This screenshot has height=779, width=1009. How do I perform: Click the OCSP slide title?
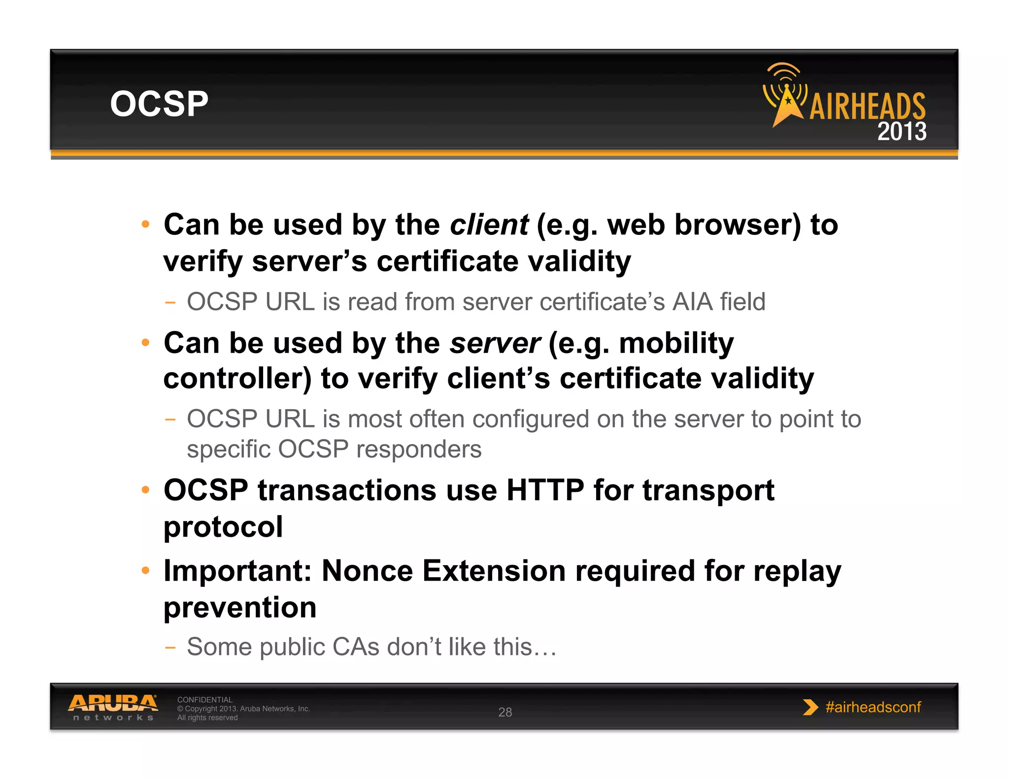coord(159,104)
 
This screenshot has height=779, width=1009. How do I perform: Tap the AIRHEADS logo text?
coord(867,107)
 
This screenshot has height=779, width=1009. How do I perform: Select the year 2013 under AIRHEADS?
coord(902,131)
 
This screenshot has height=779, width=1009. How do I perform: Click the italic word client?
coord(489,225)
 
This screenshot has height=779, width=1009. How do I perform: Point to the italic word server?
coord(495,343)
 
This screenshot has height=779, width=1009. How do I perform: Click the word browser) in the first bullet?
coord(738,225)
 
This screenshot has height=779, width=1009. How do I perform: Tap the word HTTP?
coord(545,490)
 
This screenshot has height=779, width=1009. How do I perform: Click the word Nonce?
coord(367,571)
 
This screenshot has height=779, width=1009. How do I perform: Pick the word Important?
coord(237,571)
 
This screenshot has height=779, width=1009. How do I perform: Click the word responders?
coord(419,449)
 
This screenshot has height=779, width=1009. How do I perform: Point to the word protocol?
coord(223,527)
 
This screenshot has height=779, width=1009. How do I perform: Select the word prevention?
coord(240,607)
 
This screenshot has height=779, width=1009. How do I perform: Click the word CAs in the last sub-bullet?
coord(356,647)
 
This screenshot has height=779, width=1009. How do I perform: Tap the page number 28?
coord(505,712)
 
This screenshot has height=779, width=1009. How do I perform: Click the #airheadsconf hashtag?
coord(873,707)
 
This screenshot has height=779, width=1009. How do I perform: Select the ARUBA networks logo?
coord(113,707)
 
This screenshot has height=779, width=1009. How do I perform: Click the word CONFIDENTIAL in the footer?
coord(204,700)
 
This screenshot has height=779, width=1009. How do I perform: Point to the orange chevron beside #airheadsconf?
coord(810,707)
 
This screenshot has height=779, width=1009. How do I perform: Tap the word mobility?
coord(676,343)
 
